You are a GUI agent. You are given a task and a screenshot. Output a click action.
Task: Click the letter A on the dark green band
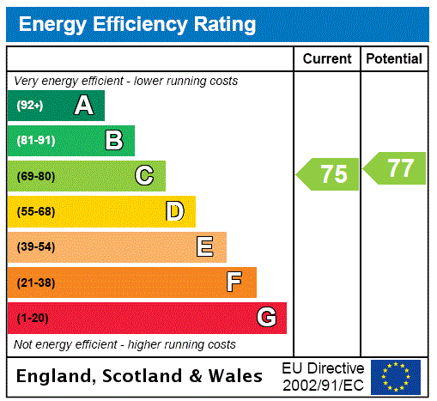coord(83,106)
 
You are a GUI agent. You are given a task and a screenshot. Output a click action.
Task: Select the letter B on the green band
coord(113,141)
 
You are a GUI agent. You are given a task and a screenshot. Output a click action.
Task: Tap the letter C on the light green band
coord(144,176)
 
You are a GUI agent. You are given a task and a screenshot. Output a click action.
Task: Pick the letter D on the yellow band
coord(174,211)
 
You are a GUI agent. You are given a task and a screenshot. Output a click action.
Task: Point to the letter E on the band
coord(205,247)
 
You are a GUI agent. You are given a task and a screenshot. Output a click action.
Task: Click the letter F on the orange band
coord(234,283)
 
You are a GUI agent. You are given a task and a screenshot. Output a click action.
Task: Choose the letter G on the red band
coord(266,318)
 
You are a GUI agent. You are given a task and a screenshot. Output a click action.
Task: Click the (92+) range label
coord(30,106)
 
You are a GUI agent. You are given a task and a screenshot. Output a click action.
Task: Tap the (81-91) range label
coord(35,141)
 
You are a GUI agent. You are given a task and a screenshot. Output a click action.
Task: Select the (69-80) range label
coord(35,176)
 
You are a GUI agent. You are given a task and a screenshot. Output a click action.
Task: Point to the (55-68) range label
coord(35,211)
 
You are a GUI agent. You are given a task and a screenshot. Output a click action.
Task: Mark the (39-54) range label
coord(35,247)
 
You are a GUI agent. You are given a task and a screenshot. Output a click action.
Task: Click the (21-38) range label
coord(35,283)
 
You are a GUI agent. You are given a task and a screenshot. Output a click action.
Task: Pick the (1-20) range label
coord(33,319)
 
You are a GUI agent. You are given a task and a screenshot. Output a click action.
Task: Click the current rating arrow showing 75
coord(330,174)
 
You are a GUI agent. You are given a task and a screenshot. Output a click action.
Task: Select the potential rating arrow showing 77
coord(396,168)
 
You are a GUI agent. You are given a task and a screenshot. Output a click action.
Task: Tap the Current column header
coord(327,59)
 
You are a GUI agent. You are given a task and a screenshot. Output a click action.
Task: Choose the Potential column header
coord(394,59)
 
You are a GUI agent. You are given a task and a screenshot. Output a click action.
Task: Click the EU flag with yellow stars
coord(396,376)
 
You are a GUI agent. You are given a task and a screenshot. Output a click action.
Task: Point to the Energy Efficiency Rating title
coord(137,25)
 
